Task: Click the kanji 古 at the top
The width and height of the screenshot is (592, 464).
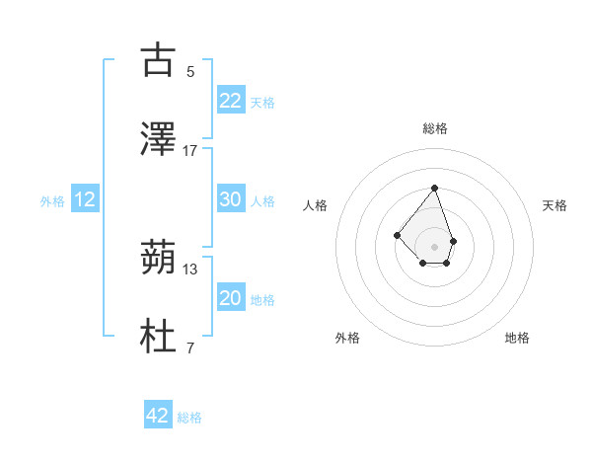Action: coord(159,61)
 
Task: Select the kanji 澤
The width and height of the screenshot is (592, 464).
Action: coord(159,140)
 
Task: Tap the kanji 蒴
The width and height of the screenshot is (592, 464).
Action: coord(159,260)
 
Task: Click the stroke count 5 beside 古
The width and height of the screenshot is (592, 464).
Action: coord(190,71)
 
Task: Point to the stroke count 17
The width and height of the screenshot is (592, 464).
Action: coord(190,150)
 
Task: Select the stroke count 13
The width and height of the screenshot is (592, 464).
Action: coord(190,269)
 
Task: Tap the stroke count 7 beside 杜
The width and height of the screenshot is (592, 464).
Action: coord(190,348)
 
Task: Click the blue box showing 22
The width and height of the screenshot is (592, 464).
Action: coord(231,101)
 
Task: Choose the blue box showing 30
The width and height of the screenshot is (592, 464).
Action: coord(231,199)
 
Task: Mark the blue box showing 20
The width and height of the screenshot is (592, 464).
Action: coord(231,298)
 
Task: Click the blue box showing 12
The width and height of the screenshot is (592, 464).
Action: coord(85,200)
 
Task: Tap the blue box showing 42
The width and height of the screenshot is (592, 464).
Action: coord(158,416)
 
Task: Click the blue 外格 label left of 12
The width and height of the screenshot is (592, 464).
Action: coord(52,201)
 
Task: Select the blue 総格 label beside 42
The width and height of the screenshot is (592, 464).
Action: coord(189,418)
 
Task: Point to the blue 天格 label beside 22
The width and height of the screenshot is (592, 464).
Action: coord(262,103)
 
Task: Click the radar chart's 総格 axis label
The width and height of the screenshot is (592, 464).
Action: coord(434,128)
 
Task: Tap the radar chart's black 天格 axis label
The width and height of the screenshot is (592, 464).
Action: coord(555,205)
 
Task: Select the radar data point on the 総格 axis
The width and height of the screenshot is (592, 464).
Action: coord(434,188)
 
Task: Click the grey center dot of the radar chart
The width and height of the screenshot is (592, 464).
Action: coord(434,247)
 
